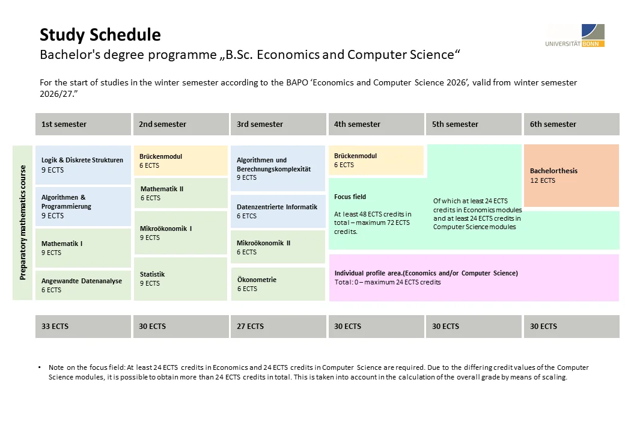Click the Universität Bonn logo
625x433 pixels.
[575, 35]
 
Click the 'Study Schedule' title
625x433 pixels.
[100, 35]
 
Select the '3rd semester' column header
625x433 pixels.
[278, 124]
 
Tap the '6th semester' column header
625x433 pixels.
[571, 124]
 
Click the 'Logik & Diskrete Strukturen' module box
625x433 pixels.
[83, 165]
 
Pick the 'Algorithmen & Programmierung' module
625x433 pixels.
[83, 206]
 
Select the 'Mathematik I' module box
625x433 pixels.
[83, 248]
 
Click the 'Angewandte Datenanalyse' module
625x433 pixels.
[83, 285]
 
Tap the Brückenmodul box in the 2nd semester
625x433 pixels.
[180, 161]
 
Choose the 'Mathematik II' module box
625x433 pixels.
[180, 193]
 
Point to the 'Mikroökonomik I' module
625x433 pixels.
[180, 233]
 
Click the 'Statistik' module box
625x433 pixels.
[180, 278]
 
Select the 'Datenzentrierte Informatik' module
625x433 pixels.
[278, 211]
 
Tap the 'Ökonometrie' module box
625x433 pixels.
[278, 284]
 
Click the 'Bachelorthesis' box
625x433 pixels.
[571, 175]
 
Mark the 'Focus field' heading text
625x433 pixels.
[350, 197]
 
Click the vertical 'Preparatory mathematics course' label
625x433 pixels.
[23, 223]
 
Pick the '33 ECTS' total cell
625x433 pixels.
[83, 327]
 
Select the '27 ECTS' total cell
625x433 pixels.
[278, 327]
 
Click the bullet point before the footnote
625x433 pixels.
[40, 367]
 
